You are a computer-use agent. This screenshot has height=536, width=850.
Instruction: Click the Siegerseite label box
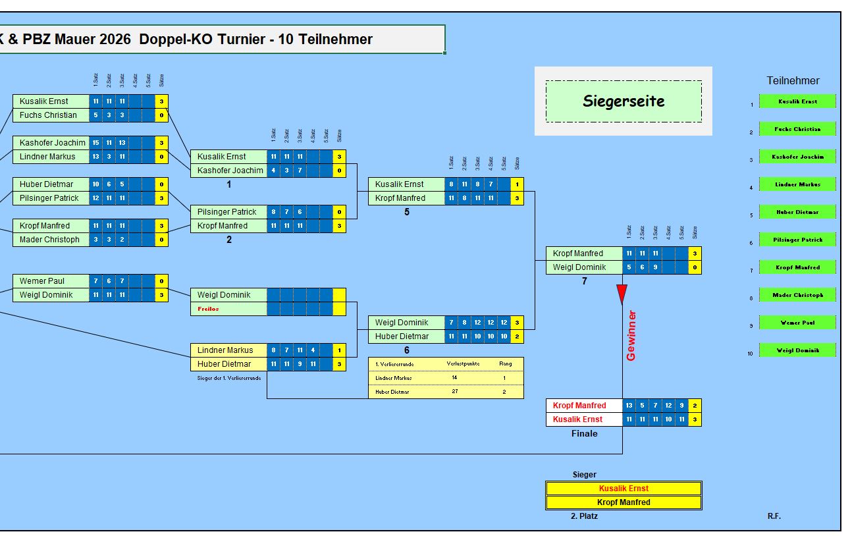coord(623,101)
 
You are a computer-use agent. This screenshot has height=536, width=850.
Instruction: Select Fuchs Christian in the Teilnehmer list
coord(797,129)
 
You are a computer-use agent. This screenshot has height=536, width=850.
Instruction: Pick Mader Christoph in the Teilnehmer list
coord(797,295)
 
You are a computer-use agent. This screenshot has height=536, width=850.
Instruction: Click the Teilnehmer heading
coord(793,80)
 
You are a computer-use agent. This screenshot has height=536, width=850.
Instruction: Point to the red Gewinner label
coord(631,335)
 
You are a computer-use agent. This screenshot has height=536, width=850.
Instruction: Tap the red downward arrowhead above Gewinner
coord(622,294)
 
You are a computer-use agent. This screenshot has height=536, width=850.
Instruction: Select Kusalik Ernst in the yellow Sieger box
coord(623,489)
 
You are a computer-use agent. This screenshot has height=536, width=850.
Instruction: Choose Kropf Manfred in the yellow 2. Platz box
coord(623,502)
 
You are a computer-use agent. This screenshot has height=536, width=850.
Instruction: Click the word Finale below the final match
coord(584,433)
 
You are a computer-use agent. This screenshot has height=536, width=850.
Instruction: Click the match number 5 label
coord(407,212)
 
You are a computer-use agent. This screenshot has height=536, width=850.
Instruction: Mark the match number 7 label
coord(584,281)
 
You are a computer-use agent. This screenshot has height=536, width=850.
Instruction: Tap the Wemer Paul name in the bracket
coord(42,281)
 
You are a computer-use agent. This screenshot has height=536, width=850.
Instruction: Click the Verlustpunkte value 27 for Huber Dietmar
coord(455,392)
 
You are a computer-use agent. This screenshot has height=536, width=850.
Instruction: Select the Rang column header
coord(505,363)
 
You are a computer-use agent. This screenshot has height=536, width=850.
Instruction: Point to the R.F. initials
coord(774,516)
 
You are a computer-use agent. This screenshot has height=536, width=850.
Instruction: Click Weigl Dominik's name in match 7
coord(579,267)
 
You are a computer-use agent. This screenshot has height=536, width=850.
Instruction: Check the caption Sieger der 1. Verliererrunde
coord(229,378)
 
